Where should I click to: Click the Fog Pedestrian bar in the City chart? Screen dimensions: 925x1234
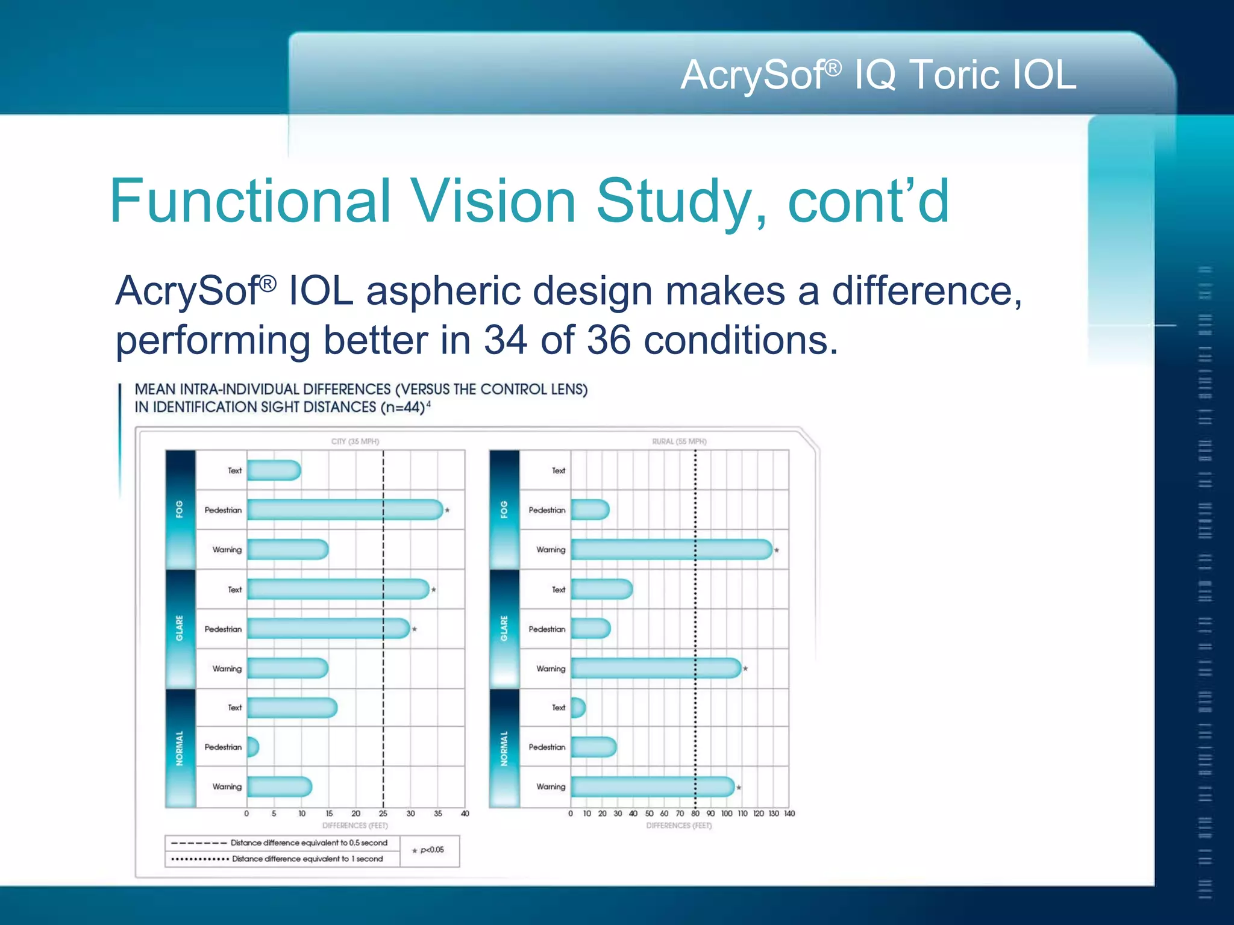click(x=345, y=510)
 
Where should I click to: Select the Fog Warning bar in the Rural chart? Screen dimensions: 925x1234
click(x=671, y=550)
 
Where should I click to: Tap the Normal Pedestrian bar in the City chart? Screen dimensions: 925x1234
click(x=252, y=747)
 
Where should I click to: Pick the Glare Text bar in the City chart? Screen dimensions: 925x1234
click(x=337, y=590)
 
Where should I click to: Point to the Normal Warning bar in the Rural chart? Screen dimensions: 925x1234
click(x=653, y=787)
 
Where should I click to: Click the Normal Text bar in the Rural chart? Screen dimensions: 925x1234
click(x=577, y=708)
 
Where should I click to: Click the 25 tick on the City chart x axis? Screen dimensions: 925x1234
click(x=383, y=814)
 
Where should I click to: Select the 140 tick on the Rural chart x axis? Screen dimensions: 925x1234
click(x=789, y=814)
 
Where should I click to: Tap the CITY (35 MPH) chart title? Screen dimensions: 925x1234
click(x=355, y=441)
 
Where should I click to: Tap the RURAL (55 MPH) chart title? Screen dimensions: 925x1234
click(x=679, y=441)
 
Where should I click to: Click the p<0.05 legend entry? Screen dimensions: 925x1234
click(x=428, y=850)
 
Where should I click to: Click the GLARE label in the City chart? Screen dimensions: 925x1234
click(x=180, y=628)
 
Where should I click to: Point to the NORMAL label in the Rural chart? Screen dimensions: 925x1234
click(x=504, y=748)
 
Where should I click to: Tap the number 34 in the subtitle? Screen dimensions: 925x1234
click(x=506, y=340)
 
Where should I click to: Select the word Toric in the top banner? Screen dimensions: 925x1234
click(x=953, y=75)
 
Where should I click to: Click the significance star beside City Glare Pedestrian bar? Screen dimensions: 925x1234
click(x=415, y=629)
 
